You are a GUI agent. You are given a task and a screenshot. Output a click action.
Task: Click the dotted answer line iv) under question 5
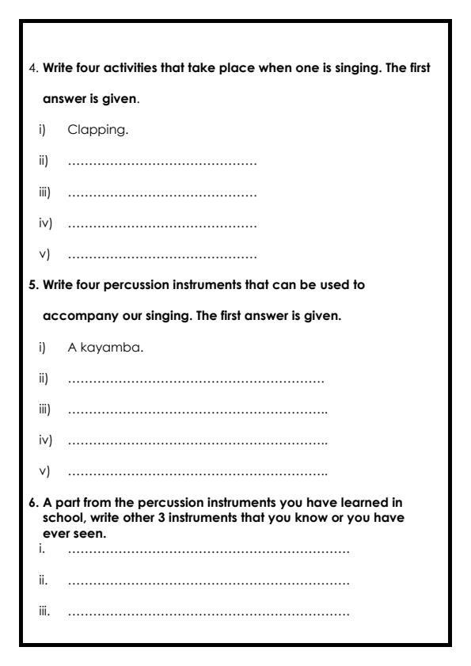pos(198,443)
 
